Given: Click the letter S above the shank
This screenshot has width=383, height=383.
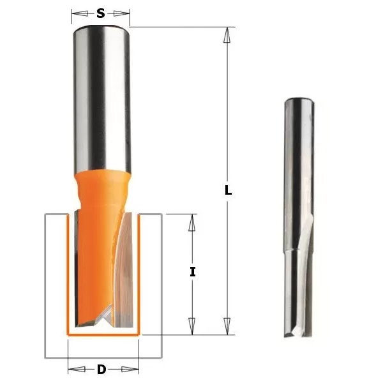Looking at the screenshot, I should (101, 13).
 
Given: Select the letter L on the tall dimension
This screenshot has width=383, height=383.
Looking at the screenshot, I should (228, 190).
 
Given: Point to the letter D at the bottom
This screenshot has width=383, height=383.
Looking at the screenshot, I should (102, 369).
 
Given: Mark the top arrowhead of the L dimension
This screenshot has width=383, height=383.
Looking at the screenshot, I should (226, 34).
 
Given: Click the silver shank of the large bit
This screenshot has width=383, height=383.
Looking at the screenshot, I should (101, 96).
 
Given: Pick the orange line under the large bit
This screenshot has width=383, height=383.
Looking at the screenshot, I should (102, 334).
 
